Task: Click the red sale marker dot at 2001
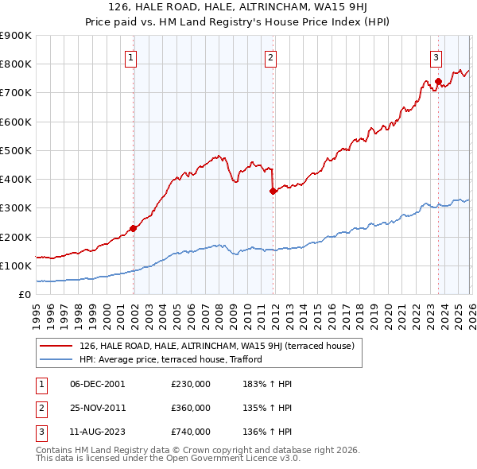[133, 228]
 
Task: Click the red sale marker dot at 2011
[273, 191]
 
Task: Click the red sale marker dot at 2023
[438, 81]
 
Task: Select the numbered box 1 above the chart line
[130, 56]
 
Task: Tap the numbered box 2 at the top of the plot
[271, 56]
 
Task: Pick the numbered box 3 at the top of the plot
[436, 56]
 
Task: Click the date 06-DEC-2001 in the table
[98, 384]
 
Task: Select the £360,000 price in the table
[191, 408]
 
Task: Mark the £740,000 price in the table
[191, 432]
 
